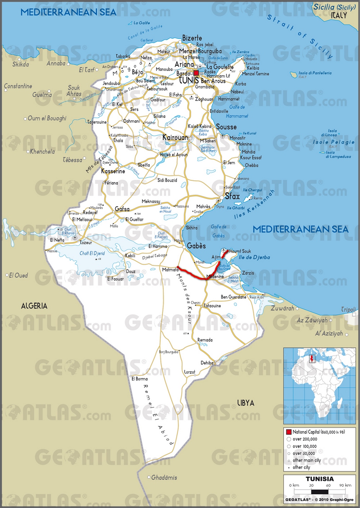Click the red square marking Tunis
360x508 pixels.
196,73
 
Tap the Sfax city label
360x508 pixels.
232,196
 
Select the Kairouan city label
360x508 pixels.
175,137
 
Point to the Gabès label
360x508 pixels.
196,246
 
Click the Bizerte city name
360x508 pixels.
192,38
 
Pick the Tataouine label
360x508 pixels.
212,306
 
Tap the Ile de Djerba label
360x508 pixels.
254,257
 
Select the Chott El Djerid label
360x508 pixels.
92,253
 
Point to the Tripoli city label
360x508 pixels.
348,309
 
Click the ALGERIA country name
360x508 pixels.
34,306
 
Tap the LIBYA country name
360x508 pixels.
246,403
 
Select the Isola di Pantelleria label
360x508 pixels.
315,73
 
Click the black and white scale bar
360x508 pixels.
320,491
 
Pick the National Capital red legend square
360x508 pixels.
289,432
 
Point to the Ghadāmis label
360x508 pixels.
164,477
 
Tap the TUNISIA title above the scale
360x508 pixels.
320,479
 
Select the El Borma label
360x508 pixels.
139,378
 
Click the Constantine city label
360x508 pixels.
18,86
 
